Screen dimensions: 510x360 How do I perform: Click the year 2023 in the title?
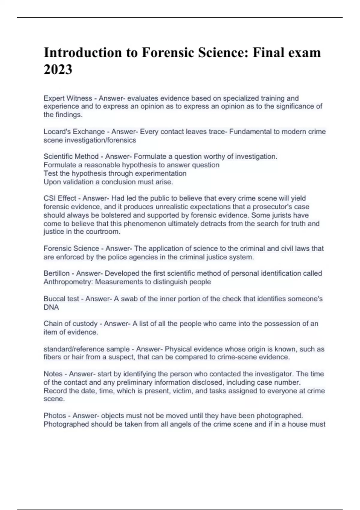click(58, 70)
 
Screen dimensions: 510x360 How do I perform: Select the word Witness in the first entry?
click(79, 98)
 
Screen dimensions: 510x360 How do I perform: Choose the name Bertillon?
click(57, 273)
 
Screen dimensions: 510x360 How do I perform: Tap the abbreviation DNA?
click(51, 307)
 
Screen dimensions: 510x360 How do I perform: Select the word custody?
click(83, 324)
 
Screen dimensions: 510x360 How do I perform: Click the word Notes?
click(53, 374)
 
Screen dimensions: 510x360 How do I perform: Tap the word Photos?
click(55, 415)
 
